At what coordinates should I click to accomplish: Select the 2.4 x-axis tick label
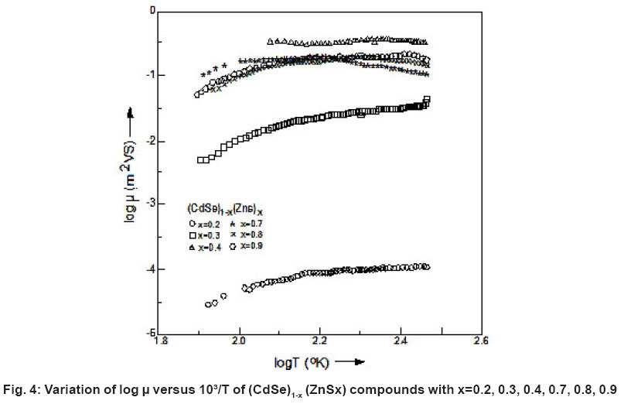[400, 341]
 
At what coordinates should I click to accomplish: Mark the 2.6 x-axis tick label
[479, 341]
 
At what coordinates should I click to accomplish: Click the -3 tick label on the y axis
[152, 203]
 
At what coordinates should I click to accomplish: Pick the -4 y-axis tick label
[152, 269]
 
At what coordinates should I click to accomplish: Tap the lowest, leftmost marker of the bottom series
[208, 304]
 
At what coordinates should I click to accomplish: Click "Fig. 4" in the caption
[22, 389]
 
